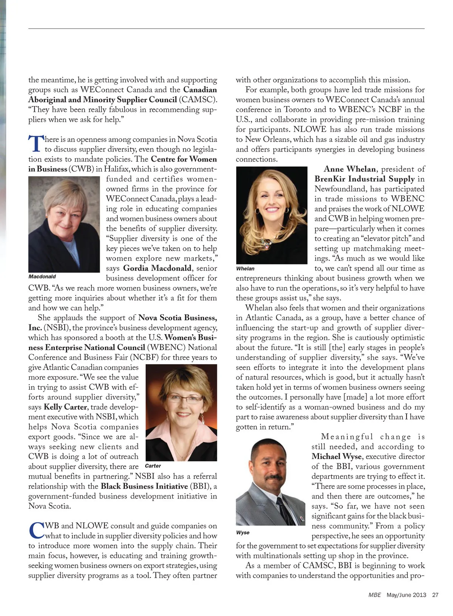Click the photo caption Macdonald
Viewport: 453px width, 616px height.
(x=42, y=276)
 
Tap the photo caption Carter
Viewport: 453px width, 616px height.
(x=153, y=466)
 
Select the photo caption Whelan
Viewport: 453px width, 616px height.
(x=245, y=269)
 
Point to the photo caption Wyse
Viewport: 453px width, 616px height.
(x=243, y=533)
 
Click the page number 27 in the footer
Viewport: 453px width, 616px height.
(x=435, y=595)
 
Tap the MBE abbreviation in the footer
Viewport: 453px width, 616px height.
(x=374, y=595)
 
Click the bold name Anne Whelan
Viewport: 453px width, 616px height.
(x=350, y=169)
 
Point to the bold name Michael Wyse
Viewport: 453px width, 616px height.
(x=336, y=456)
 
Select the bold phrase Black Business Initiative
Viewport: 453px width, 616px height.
(x=144, y=486)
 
